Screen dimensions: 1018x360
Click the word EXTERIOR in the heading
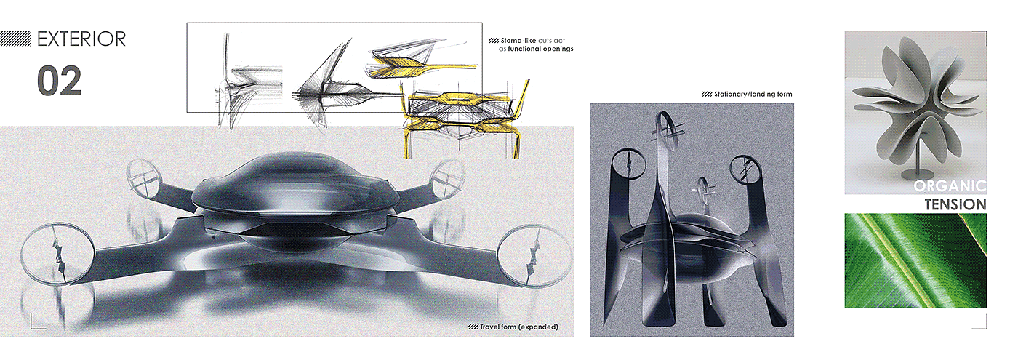[81, 39]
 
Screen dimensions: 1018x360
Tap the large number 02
[60, 81]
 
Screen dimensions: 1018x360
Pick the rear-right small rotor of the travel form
[447, 177]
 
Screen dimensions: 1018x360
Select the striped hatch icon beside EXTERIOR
[15, 39]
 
